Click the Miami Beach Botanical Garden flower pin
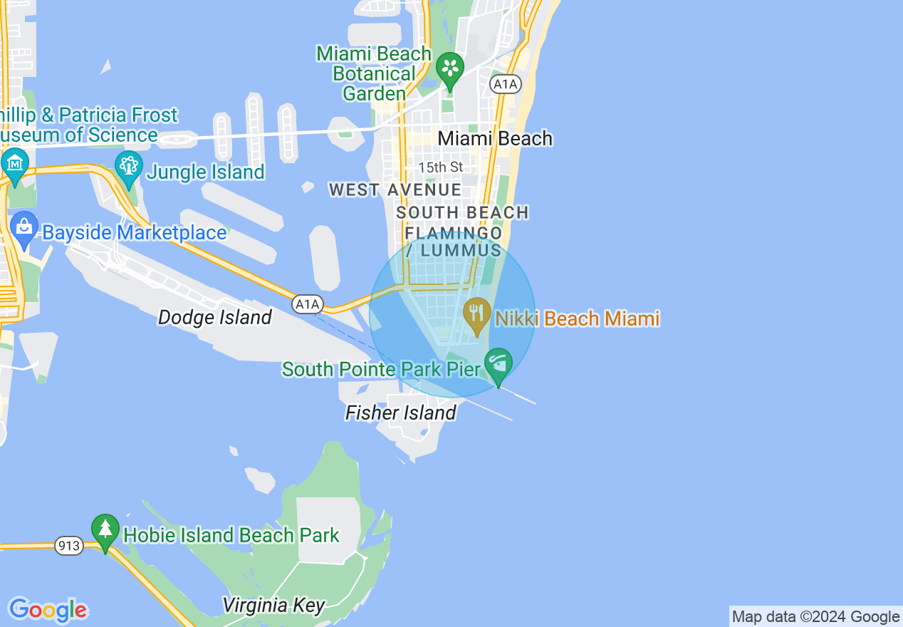click(x=450, y=68)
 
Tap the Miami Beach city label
click(x=495, y=138)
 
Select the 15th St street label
click(x=440, y=167)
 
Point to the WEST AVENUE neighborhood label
click(x=395, y=190)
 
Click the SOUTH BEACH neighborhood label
click(x=462, y=212)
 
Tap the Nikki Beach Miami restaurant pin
click(x=476, y=313)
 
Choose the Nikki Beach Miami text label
click(x=577, y=318)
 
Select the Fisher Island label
click(x=400, y=413)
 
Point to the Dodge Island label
click(x=214, y=317)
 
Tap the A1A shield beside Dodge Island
click(x=308, y=305)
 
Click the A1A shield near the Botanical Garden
click(x=506, y=84)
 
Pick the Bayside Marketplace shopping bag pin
click(x=24, y=227)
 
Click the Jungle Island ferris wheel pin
click(x=128, y=167)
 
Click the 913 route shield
click(x=69, y=546)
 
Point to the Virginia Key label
click(x=273, y=606)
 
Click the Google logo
click(x=48, y=609)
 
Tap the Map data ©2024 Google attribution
click(x=815, y=617)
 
